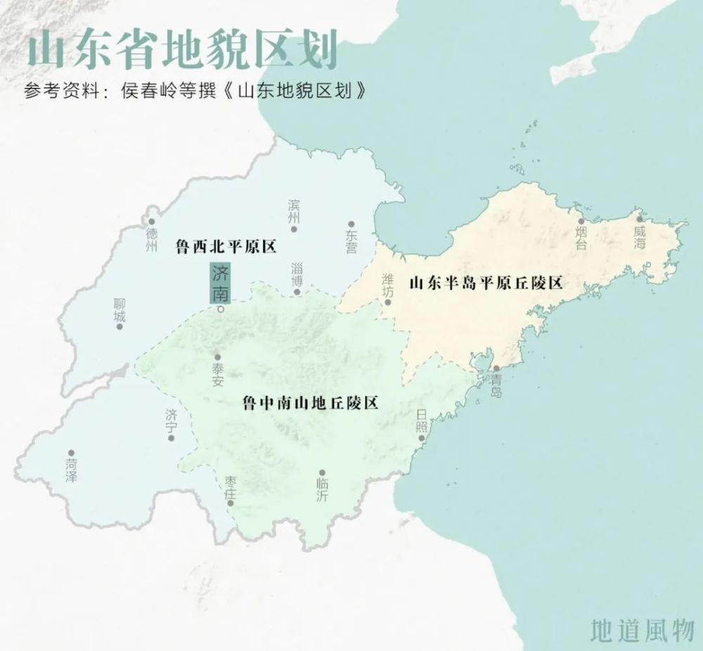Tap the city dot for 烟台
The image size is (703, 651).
click(x=581, y=221)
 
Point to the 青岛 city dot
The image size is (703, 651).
click(x=496, y=368)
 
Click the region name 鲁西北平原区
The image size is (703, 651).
click(x=226, y=246)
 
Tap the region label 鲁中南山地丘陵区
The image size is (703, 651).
click(x=310, y=403)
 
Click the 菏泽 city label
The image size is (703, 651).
click(x=71, y=470)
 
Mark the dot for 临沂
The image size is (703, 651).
click(x=322, y=472)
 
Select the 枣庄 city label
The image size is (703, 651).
click(x=230, y=486)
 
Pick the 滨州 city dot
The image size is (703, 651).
click(x=294, y=228)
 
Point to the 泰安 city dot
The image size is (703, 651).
click(x=217, y=356)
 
